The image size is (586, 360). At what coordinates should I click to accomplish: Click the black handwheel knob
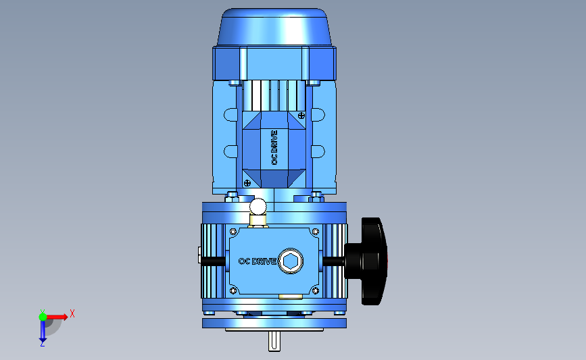coord(369,261)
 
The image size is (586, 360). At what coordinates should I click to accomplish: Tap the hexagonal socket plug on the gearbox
coord(291,261)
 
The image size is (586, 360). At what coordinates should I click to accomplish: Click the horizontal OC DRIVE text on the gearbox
coord(258,261)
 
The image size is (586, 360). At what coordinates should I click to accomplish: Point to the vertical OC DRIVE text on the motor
coord(274,147)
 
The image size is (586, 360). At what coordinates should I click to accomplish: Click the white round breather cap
coord(258,207)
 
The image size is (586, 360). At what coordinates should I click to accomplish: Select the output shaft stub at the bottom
coord(274,341)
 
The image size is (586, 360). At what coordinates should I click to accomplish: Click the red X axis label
coord(72,313)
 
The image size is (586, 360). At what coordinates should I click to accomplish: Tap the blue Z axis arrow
coord(43,331)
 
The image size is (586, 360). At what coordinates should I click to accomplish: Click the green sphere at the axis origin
coord(43,317)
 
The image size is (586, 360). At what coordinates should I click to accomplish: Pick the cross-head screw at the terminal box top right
coord(301,115)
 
